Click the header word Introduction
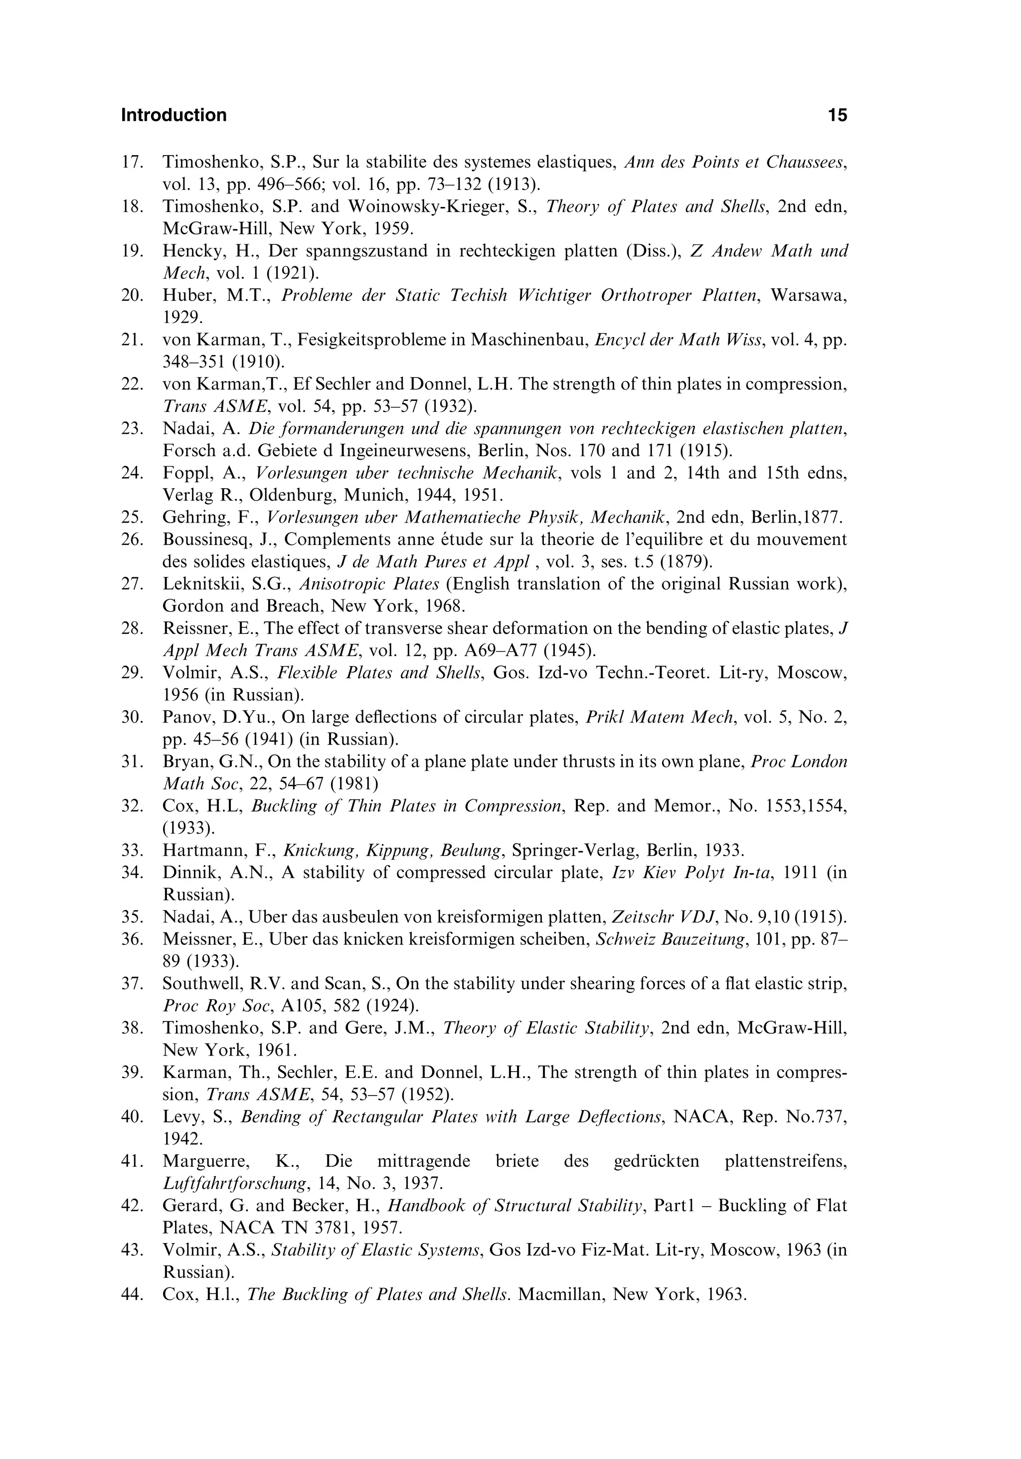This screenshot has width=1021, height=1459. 173,115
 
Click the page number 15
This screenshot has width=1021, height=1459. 838,115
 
